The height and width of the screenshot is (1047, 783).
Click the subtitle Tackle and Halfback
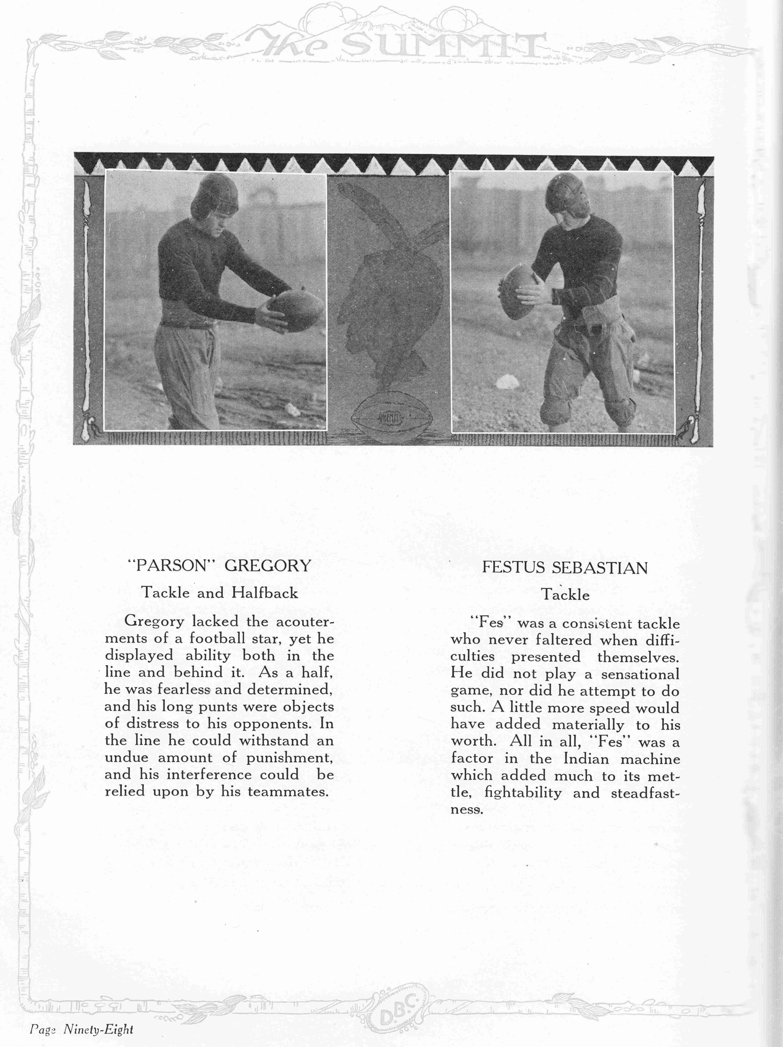tap(220, 593)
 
